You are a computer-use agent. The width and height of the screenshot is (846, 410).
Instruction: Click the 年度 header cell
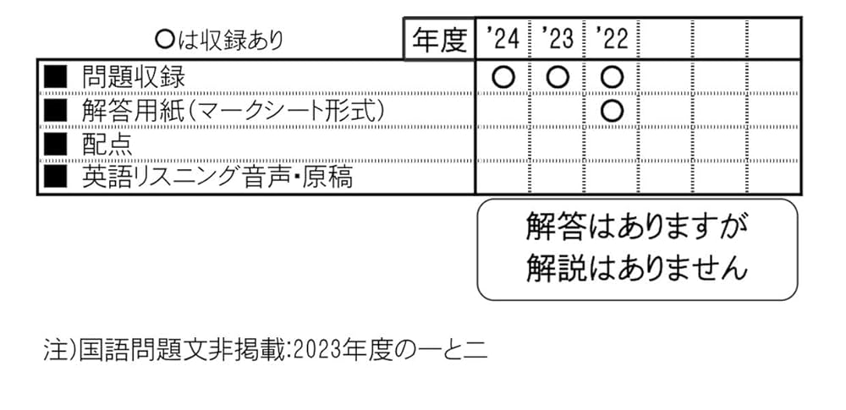[439, 40]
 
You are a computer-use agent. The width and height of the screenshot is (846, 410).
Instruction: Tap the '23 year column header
[556, 39]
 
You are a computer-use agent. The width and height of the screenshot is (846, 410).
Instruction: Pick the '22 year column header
[611, 39]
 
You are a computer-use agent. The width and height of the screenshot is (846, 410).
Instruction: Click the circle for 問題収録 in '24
[503, 77]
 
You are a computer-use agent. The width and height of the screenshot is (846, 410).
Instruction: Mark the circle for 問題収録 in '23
[557, 77]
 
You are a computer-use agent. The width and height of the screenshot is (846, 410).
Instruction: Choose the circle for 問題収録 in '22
[611, 77]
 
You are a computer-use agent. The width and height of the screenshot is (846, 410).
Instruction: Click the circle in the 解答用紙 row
[611, 110]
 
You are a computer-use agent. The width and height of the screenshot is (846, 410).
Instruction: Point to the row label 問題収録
[133, 77]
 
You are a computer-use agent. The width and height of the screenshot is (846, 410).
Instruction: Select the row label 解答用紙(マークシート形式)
[233, 110]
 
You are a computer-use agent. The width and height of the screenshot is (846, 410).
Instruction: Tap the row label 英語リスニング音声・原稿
[217, 177]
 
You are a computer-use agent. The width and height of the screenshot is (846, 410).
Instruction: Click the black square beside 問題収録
[54, 77]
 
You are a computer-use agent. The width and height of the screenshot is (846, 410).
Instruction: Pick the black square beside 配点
[54, 144]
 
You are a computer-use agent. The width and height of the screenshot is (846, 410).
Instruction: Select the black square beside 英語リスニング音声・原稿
[54, 177]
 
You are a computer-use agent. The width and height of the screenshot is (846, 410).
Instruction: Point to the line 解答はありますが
[637, 227]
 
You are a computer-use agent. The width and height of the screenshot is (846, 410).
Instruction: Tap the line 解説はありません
[637, 268]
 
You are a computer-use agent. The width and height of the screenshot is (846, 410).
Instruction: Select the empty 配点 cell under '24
[503, 144]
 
